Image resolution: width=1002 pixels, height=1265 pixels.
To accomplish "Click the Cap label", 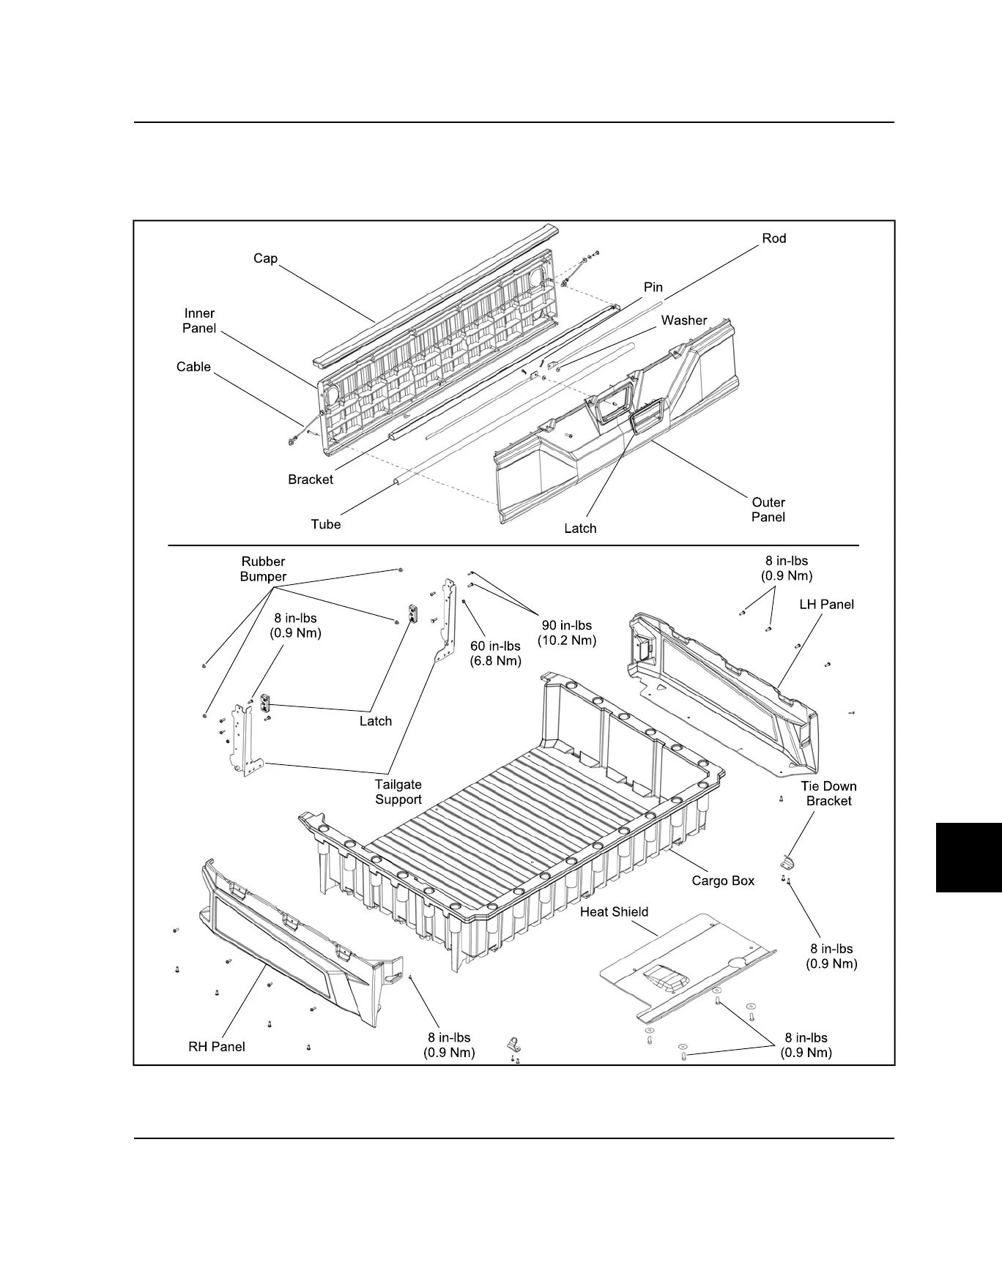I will pos(265,258).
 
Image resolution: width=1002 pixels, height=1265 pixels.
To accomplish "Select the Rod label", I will pos(773,239).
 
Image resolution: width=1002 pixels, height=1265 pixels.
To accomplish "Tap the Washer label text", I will pos(683,321).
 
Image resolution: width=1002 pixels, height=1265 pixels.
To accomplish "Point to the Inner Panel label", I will pos(198,321).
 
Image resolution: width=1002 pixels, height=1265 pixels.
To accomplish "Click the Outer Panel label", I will pos(768,510).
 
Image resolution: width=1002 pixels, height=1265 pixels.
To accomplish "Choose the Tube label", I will pos(325,524).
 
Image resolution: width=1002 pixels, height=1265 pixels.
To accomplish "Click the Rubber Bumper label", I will pos(262,569).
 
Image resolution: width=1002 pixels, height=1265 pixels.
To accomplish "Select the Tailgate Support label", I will pos(398,792).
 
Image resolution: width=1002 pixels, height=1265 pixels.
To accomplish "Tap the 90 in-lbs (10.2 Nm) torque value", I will pos(567,633).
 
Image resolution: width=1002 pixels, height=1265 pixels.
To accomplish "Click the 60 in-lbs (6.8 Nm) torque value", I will pos(495,653).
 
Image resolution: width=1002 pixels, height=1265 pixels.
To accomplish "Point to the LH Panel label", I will pos(826,605).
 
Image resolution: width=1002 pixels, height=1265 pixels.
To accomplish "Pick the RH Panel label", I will pos(217,1047).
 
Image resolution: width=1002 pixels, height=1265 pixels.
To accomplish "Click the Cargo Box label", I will pos(723,881).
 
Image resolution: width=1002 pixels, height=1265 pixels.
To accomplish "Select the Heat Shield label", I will pos(614,912).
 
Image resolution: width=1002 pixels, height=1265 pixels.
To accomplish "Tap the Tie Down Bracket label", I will pos(828,794).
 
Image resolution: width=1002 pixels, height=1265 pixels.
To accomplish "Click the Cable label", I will pos(193,367).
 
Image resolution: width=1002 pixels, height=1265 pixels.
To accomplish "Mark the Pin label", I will pos(653,288).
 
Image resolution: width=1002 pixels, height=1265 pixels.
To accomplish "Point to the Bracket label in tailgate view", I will pos(311,479).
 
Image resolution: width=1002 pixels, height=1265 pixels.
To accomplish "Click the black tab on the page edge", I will pos(968,857).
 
